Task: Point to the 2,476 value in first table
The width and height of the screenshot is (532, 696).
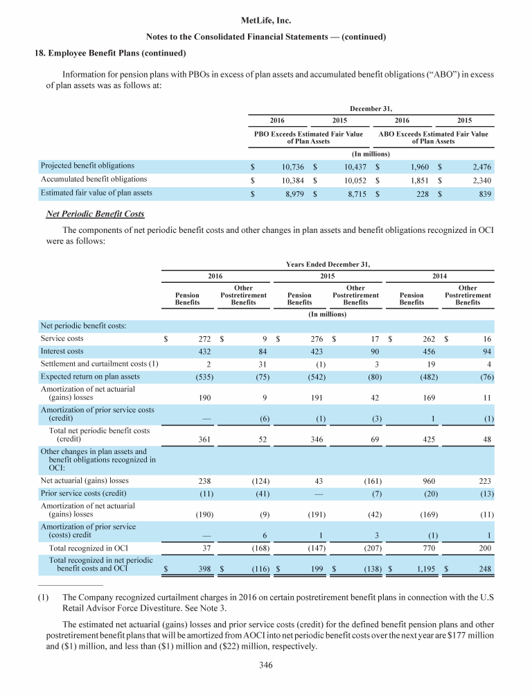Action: click(x=479, y=167)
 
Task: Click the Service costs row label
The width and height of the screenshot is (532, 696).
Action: click(x=62, y=339)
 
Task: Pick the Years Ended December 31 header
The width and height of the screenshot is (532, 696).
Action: click(x=327, y=264)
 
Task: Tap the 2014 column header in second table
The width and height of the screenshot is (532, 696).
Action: click(x=440, y=276)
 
